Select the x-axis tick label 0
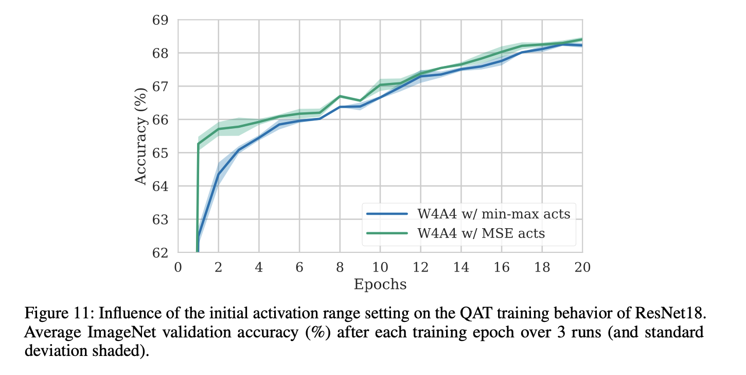(x=178, y=267)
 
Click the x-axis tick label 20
(x=582, y=267)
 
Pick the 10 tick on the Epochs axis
(x=380, y=267)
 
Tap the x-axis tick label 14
(x=460, y=267)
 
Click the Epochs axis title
(x=380, y=284)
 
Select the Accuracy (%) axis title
(x=141, y=137)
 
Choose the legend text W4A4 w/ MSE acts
(x=481, y=233)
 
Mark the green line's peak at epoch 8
(x=340, y=96)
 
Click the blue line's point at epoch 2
(x=218, y=174)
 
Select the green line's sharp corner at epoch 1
(x=199, y=144)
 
